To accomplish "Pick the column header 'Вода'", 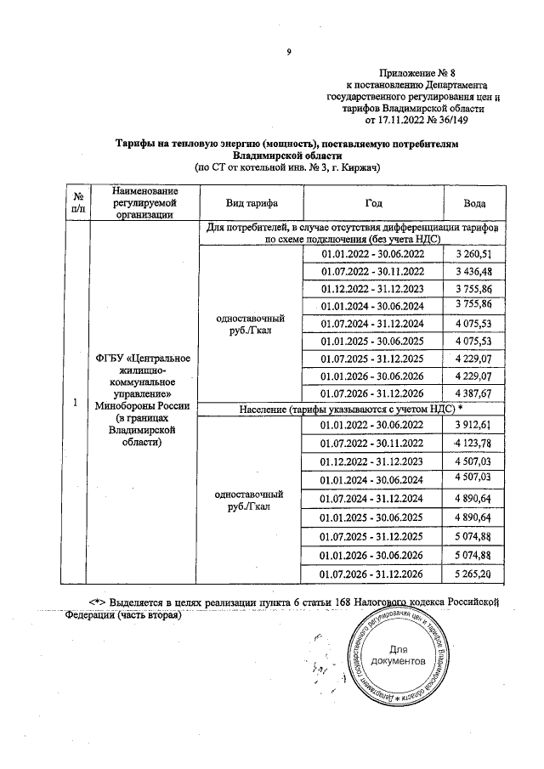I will (474, 205).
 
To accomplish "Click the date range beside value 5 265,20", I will (372, 574).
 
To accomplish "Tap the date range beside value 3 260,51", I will (372, 254).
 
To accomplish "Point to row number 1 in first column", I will (76, 403).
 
